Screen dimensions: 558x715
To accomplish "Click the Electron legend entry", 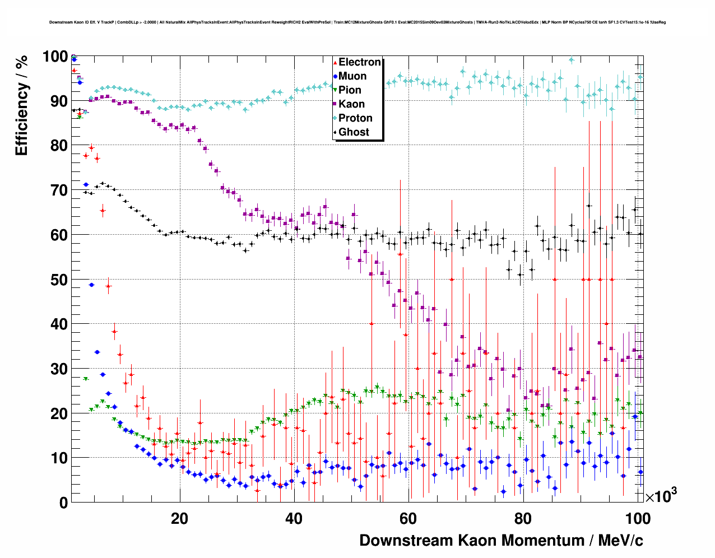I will [x=359, y=62].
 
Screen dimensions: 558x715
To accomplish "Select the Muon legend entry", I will [x=352, y=76].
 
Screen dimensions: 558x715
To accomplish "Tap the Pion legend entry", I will [x=350, y=90].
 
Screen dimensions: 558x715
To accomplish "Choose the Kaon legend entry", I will [x=351, y=104].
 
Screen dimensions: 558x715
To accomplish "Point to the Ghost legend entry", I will [x=354, y=132].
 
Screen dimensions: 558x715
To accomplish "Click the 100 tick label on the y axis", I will [x=55, y=57].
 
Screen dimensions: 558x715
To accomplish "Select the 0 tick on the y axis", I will [x=63, y=503].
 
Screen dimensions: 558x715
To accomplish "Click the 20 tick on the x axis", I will [x=179, y=519].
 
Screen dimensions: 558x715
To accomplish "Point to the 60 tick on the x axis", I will [x=408, y=519].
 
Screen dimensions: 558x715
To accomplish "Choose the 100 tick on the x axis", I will [x=638, y=519].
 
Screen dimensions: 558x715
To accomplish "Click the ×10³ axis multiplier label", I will [x=661, y=496].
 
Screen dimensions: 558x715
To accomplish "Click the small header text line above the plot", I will [x=357, y=22].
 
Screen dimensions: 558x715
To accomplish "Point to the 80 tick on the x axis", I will [x=522, y=519].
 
